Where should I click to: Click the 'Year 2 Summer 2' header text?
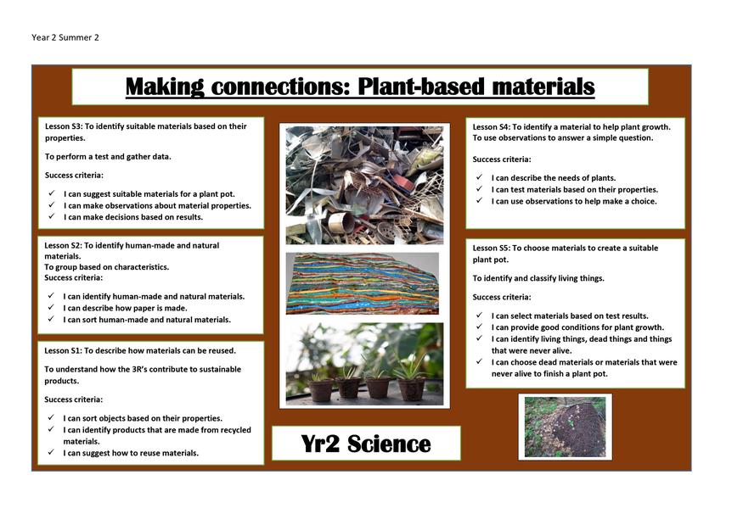point(65,37)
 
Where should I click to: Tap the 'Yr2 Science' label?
point(366,444)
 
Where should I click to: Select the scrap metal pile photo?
point(364,185)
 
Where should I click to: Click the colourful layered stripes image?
point(362,283)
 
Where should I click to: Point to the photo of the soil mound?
point(565,427)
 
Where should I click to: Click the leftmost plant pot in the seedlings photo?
point(320,389)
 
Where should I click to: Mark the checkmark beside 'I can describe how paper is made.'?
point(51,307)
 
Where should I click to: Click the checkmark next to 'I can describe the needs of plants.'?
point(479,177)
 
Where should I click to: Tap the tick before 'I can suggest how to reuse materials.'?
point(51,452)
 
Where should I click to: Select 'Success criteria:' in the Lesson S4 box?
point(502,159)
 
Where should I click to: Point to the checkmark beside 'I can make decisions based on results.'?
point(51,216)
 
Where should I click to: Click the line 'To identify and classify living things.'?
point(538,278)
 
